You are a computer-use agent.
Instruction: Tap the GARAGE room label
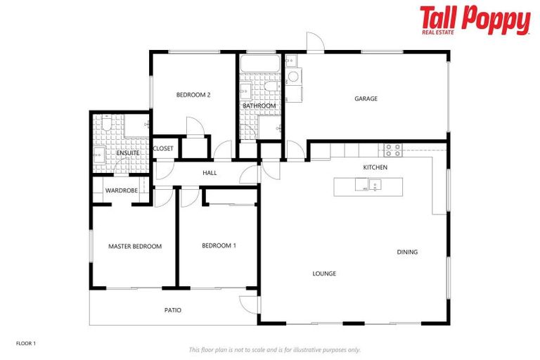[366, 99]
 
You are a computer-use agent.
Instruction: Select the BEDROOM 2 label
[193, 95]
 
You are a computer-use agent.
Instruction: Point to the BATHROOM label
[259, 106]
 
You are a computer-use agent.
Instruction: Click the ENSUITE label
[128, 153]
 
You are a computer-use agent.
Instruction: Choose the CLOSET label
[163, 148]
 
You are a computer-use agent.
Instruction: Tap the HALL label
[210, 172]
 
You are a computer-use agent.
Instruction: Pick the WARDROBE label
[121, 191]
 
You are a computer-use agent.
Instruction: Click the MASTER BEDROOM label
[135, 247]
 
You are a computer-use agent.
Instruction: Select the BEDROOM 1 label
[219, 246]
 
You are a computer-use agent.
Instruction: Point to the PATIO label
[173, 310]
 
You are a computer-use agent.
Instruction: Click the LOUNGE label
[324, 274]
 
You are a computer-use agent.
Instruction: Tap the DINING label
[407, 252]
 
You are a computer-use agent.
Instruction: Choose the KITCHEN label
[375, 167]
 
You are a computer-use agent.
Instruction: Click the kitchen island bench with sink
[368, 186]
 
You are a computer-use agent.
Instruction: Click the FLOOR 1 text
[25, 344]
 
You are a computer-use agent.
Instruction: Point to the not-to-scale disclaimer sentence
[274, 349]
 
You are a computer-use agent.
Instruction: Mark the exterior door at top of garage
[316, 43]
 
